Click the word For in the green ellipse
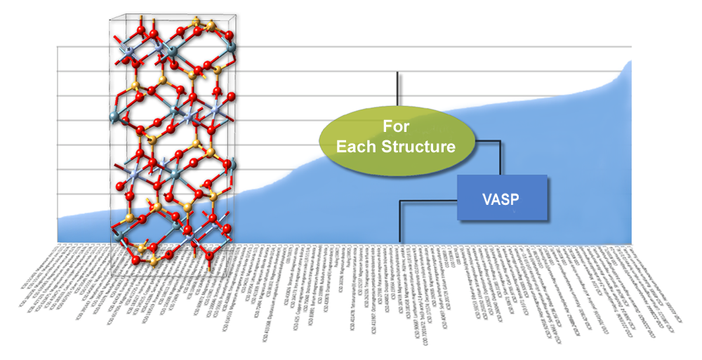click(397, 128)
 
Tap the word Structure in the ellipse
click(421, 147)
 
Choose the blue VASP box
click(502, 196)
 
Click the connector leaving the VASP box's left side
click(428, 201)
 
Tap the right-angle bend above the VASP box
click(500, 142)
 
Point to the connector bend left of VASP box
click(400, 202)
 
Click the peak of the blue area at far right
click(630, 62)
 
